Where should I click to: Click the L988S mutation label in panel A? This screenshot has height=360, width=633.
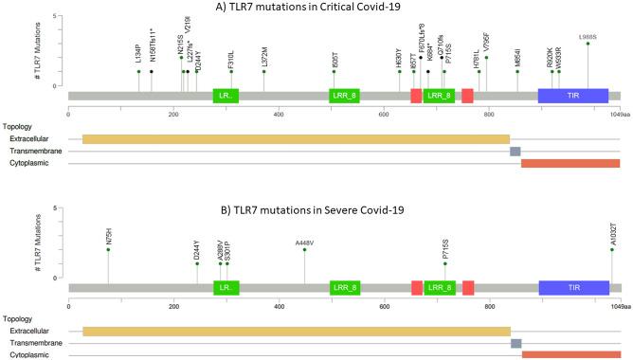(588, 36)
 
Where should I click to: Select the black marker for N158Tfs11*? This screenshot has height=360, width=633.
(152, 71)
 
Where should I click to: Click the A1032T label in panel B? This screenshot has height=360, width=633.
(612, 237)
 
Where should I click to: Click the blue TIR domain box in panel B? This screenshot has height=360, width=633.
(573, 287)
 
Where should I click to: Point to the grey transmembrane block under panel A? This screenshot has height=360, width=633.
(515, 152)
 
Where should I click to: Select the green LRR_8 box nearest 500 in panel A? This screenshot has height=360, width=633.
(344, 96)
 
